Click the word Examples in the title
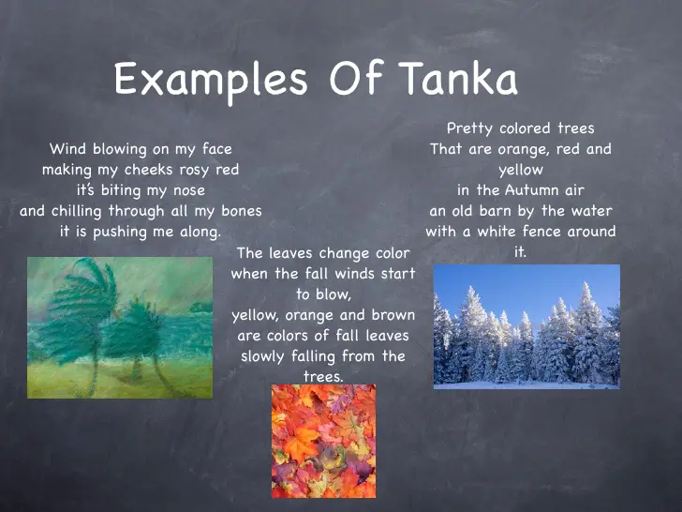211,81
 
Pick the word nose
185,190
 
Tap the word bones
241,211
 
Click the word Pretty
471,128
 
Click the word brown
393,315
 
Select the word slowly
265,356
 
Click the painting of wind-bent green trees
120,327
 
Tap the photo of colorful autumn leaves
323,441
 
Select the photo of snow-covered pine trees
526,325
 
